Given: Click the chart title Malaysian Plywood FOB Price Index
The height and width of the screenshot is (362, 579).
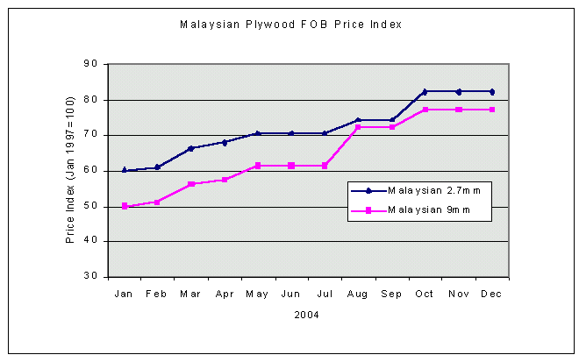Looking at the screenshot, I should (290, 25).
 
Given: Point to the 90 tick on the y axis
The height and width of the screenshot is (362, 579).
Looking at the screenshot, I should (91, 64).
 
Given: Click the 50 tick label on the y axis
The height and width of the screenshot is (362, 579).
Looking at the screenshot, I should (91, 206).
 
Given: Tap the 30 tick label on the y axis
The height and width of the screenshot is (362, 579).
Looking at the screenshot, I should (91, 276).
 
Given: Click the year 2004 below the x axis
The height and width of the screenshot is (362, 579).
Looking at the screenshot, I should (307, 314).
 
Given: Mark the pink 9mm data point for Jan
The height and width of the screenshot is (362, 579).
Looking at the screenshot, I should (124, 206).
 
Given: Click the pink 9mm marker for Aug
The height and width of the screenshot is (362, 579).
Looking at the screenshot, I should (358, 127).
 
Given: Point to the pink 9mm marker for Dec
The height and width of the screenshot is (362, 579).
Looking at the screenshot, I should (492, 110).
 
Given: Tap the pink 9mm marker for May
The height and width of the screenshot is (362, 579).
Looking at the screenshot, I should (258, 166).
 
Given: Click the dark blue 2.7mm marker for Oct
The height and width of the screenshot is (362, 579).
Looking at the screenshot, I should (425, 91).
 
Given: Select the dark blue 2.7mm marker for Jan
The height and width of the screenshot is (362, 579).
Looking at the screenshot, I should (124, 170).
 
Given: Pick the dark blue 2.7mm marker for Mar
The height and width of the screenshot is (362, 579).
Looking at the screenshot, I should (190, 148).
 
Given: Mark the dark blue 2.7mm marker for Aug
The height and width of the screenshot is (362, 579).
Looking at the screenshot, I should (358, 120).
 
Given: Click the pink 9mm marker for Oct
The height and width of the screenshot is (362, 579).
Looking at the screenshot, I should (425, 110).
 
